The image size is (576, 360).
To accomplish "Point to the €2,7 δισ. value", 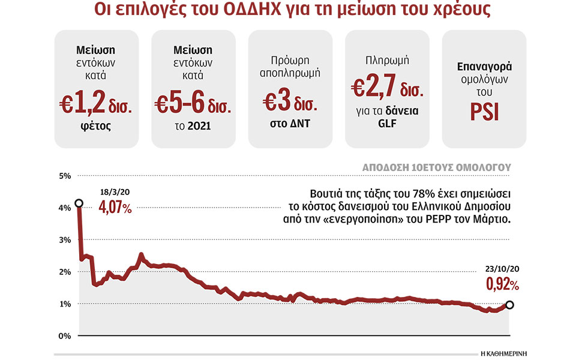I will pos(387,89).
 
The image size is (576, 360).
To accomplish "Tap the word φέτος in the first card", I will pos(96,127).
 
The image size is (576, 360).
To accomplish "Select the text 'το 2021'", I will pos(193,127).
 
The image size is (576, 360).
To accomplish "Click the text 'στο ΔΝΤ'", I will pos(290,123).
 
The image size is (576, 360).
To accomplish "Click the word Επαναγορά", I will pos(484,67).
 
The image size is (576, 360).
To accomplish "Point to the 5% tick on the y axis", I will pos(65,176).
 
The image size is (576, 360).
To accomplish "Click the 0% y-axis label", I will pos(65,335).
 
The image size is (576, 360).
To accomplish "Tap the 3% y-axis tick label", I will pos(65,240).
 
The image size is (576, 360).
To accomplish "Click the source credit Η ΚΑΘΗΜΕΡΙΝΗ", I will pos(507,353).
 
